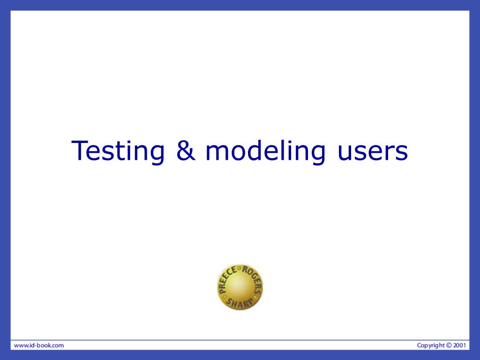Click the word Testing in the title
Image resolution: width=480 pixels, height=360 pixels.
pos(118,150)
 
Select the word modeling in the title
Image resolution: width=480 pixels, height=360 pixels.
pos(265,150)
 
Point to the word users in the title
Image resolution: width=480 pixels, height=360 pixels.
pos(373,153)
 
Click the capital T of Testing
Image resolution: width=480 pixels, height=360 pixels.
pos(80,150)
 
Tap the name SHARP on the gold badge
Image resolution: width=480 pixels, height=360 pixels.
pos(240,303)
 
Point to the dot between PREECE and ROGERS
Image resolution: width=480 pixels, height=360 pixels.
pos(240,269)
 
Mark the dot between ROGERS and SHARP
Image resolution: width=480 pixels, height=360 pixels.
pos(256,297)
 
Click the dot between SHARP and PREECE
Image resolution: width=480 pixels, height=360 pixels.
pos(224,296)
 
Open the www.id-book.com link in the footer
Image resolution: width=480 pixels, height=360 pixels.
pos(39,345)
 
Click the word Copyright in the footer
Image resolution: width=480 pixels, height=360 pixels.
pos(431,345)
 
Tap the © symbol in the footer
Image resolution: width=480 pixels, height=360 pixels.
pos(449,345)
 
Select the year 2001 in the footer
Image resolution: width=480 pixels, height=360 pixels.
pos(459,345)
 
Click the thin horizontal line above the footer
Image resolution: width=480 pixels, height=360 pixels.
pos(240,340)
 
